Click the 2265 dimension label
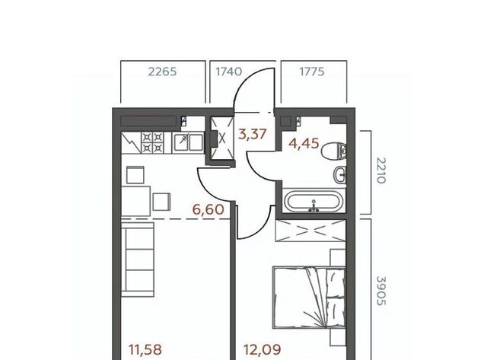tap(162, 72)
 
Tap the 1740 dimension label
tap(228, 72)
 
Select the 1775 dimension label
tap(312, 72)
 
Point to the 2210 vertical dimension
tap(381, 170)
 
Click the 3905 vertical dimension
tap(381, 291)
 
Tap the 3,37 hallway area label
tap(252, 135)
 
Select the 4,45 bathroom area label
tap(304, 144)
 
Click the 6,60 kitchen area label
tap(208, 209)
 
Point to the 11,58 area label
tap(145, 349)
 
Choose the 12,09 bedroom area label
tap(263, 349)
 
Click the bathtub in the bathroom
tap(314, 201)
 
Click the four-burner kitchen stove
tap(152, 142)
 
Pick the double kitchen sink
tap(188, 142)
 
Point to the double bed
tap(309, 298)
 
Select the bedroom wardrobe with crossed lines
tap(310, 230)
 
